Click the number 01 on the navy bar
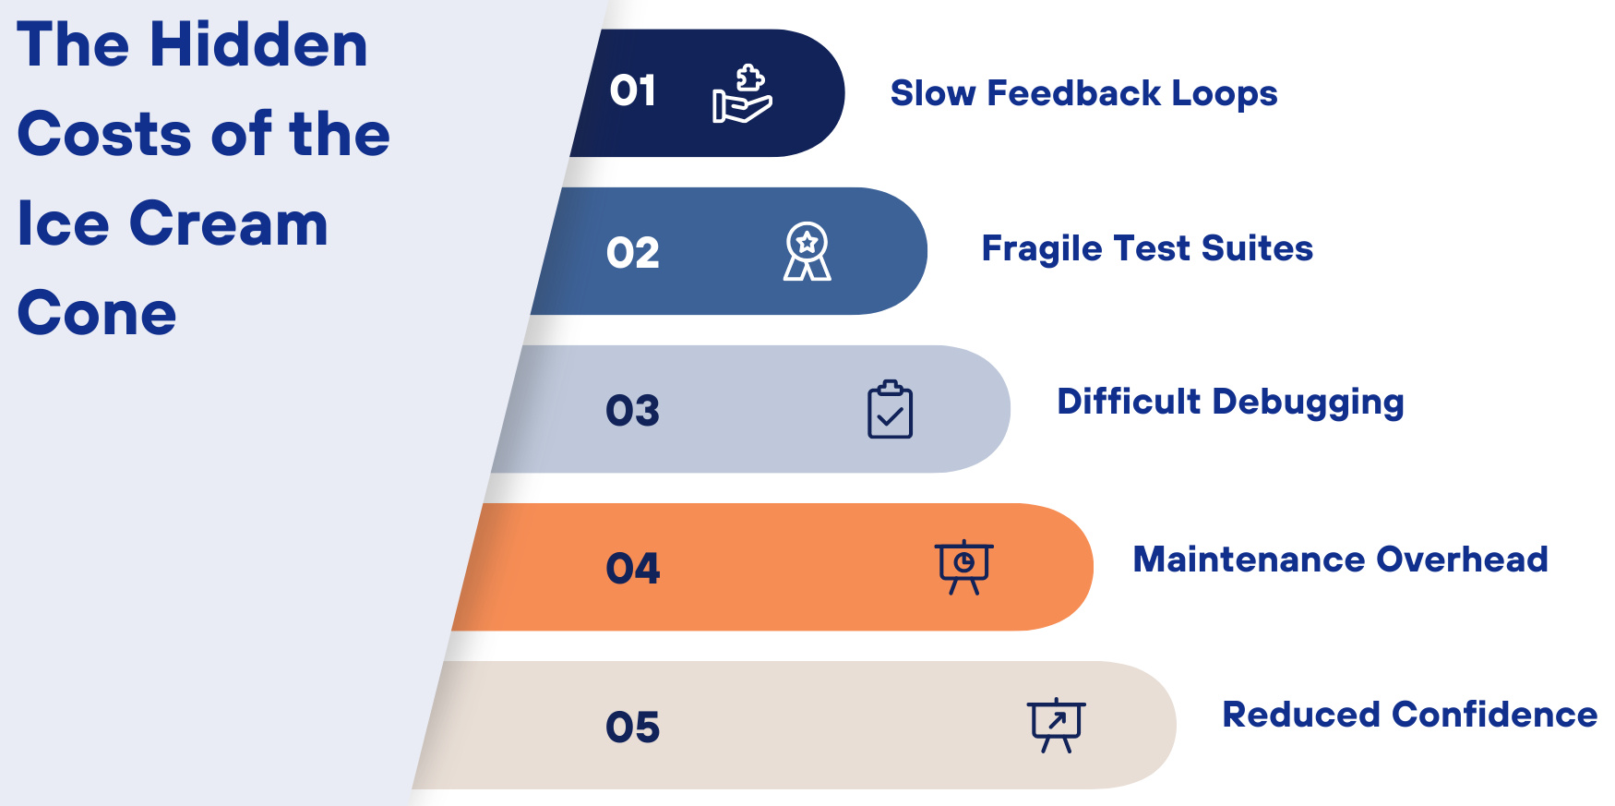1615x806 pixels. click(632, 90)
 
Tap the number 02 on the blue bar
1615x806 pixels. click(633, 253)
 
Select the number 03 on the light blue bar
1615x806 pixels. click(633, 411)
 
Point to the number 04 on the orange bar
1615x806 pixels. click(633, 569)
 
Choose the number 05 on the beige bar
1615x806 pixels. click(633, 728)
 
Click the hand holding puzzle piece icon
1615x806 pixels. click(742, 93)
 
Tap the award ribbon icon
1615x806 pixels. click(807, 251)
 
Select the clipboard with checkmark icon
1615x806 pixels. click(891, 409)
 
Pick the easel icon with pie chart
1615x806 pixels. click(964, 567)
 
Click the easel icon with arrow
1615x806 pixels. click(1057, 725)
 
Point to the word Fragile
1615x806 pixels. click(1041, 249)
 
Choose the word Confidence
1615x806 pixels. click(1494, 715)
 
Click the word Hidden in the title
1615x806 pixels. click(258, 44)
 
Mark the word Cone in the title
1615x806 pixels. click(97, 313)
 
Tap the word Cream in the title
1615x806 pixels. click(229, 223)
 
